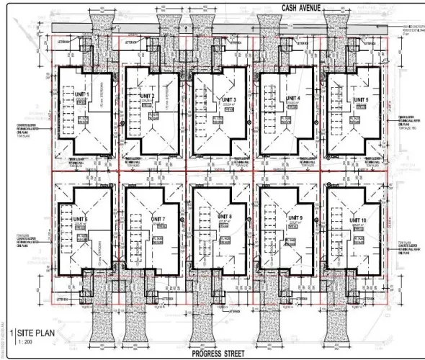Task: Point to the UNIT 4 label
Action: [x=292, y=98]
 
